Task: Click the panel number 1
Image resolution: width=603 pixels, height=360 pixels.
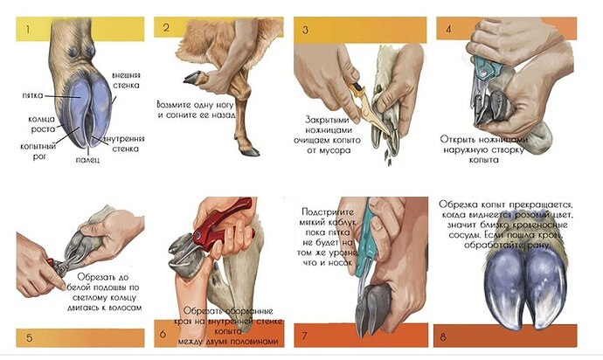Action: click(27, 29)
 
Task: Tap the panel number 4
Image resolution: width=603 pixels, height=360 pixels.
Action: click(448, 29)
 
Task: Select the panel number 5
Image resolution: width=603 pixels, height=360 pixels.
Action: click(29, 338)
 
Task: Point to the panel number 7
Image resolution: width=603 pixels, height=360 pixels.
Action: click(305, 336)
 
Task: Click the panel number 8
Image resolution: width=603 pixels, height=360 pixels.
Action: click(443, 337)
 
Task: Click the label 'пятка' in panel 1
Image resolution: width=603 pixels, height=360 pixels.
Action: click(32, 95)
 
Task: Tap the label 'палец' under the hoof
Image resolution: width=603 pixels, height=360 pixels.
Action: click(87, 160)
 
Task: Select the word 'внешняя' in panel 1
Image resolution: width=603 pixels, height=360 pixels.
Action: click(126, 75)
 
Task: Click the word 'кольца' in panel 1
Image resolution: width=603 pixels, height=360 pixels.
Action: click(42, 120)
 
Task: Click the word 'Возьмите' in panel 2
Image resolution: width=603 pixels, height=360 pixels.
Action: click(173, 105)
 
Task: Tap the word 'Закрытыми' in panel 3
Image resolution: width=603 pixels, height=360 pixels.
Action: click(327, 120)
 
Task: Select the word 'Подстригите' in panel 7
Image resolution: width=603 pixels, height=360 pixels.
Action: click(328, 212)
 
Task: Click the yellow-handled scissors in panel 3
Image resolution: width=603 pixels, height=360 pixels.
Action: click(367, 106)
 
